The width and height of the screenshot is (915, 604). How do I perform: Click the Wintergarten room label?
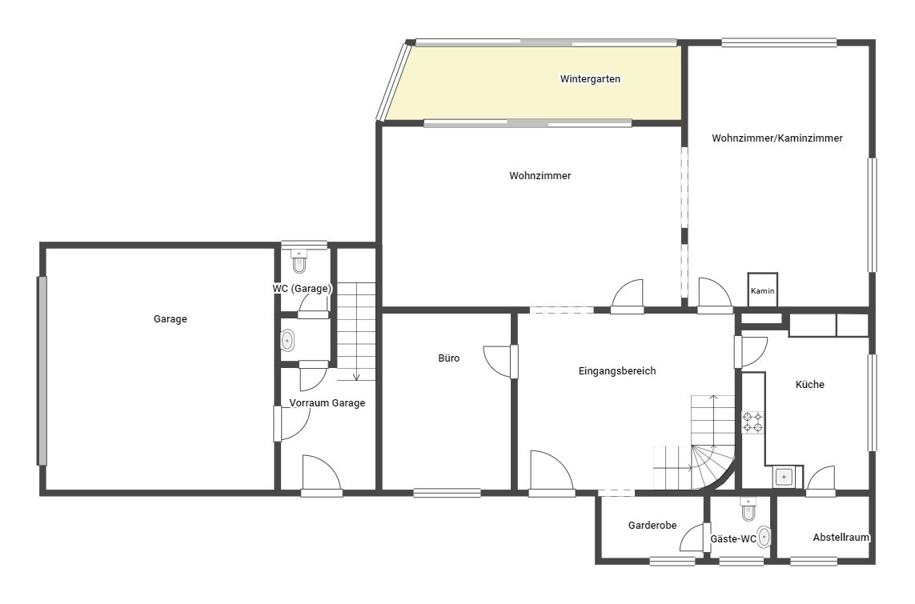coord(590,78)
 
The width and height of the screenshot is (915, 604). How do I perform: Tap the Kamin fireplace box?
coord(763,289)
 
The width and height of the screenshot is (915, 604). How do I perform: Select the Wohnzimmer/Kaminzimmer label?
coord(777,138)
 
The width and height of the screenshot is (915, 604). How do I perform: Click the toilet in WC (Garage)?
coord(299,262)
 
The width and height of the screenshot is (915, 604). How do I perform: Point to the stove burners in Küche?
coord(752,422)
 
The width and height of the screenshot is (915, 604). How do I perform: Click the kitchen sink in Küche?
coord(784,478)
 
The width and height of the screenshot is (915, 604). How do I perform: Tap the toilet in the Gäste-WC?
coord(748,510)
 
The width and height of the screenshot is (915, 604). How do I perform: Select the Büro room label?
coord(449,358)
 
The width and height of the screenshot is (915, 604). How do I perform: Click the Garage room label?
coord(171,319)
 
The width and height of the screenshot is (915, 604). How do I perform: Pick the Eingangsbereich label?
coord(617,370)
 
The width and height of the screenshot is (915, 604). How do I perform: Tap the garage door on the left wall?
coord(42,370)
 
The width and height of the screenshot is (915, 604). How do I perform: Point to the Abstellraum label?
coord(841,538)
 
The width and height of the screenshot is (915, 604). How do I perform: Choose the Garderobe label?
coord(652,526)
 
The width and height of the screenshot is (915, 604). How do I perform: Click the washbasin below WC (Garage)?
coord(287,341)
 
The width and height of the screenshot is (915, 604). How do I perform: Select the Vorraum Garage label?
coord(327,403)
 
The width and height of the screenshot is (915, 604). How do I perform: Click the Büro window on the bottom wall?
coord(447,494)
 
